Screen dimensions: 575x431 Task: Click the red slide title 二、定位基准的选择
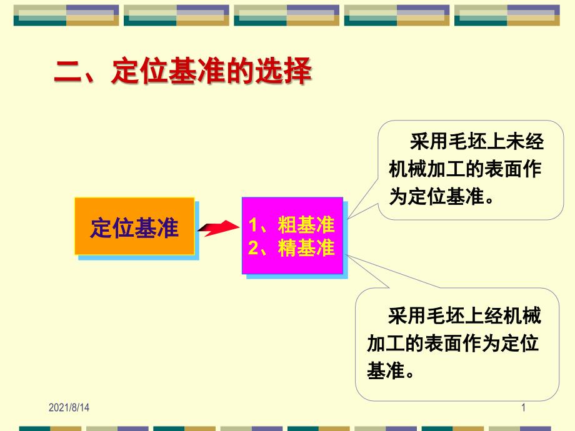[182, 71]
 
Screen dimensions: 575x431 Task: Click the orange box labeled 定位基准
[134, 226]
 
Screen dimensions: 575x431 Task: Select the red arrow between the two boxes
[219, 228]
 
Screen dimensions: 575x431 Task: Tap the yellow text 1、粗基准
[291, 224]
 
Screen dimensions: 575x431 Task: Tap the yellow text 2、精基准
[291, 248]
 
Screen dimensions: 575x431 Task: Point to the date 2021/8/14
[69, 407]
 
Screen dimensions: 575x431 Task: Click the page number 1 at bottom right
[523, 407]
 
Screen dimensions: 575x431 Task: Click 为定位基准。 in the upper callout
[441, 196]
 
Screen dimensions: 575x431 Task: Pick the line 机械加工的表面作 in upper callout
[466, 169]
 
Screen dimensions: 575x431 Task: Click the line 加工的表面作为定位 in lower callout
[453, 343]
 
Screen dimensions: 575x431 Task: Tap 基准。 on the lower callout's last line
[391, 370]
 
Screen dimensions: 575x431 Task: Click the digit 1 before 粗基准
[252, 225]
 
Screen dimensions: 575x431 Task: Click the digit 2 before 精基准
[253, 248]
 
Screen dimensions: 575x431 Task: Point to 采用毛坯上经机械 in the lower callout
[464, 316]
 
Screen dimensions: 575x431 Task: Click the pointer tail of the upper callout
[347, 219]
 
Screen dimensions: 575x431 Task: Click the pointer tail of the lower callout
[346, 255]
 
